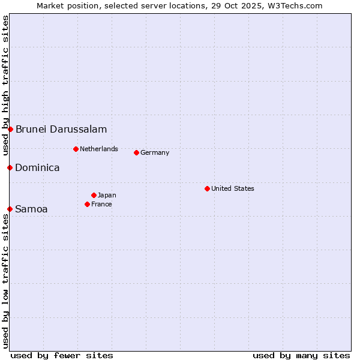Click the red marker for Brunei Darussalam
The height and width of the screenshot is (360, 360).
10,129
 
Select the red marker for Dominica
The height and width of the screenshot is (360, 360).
10,167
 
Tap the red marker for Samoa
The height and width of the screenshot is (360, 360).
10,209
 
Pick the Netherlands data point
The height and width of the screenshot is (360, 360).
76,149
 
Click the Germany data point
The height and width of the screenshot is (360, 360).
136,152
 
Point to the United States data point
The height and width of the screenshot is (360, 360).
207,188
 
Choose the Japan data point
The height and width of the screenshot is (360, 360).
94,195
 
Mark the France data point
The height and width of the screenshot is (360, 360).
87,204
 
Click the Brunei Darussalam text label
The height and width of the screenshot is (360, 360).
61,129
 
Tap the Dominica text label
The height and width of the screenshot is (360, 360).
37,167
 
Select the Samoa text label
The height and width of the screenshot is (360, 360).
31,209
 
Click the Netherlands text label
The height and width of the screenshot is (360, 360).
99,149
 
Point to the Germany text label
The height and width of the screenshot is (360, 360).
155,152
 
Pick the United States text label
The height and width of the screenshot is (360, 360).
233,188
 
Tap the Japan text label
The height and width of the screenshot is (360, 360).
107,195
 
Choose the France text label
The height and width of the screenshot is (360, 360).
101,204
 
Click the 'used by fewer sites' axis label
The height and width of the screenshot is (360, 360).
62,355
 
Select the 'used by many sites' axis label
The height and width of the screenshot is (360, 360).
301,355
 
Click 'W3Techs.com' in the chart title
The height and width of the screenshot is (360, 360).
295,5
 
